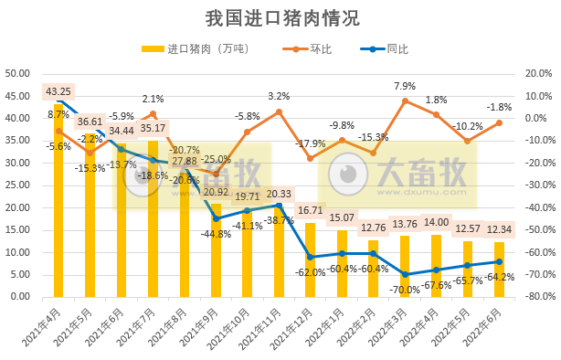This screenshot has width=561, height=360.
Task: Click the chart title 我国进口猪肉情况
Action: tap(280, 17)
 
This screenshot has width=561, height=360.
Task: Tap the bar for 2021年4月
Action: tap(59, 201)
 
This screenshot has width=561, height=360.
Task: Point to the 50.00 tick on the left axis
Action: tap(20, 73)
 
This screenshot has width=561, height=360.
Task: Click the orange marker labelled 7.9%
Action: tap(405, 101)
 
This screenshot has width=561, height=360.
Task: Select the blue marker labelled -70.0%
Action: tap(405, 274)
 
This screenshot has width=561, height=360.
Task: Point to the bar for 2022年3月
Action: tap(405, 267)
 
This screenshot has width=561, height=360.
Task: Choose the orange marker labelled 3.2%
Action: tap(279, 111)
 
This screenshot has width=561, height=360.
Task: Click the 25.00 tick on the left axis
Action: tap(20, 185)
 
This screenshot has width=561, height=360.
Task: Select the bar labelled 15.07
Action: tap(342, 263)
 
